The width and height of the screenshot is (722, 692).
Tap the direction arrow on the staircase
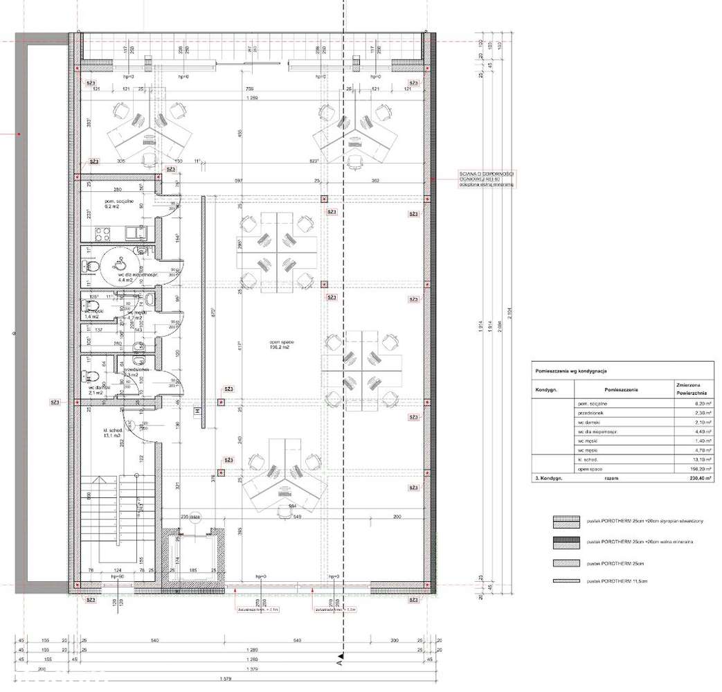[x=104, y=479]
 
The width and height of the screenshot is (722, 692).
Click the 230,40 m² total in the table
[x=683, y=478]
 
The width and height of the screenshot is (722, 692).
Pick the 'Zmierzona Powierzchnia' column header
[x=682, y=389]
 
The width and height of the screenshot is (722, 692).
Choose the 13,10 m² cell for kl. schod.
[x=683, y=459]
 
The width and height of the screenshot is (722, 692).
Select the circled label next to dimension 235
[x=195, y=517]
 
